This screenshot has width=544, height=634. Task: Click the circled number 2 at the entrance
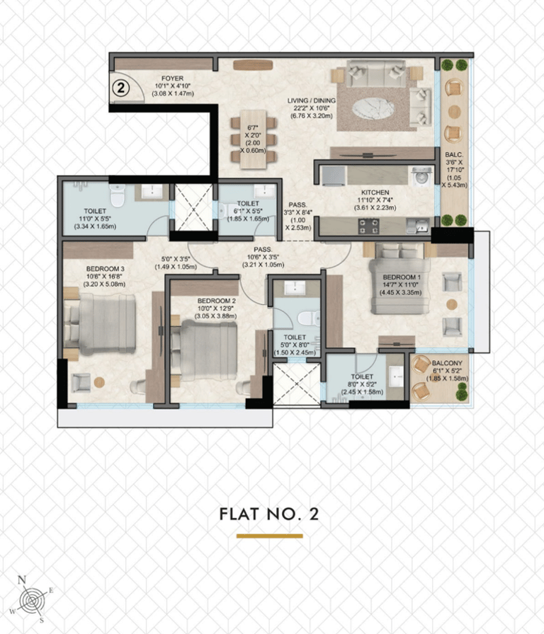(120, 88)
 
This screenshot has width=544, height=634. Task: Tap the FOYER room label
(172, 78)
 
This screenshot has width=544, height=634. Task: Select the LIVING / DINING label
(311, 100)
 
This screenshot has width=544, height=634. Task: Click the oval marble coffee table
(373, 108)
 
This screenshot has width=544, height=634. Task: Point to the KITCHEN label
(375, 192)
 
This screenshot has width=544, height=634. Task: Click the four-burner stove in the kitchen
(369, 226)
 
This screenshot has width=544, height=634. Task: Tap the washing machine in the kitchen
(421, 176)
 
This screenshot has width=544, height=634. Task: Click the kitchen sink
(418, 226)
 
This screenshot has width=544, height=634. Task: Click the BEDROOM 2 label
(217, 301)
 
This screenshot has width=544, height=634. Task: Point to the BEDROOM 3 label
(106, 269)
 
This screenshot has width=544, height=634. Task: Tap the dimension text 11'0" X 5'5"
(95, 219)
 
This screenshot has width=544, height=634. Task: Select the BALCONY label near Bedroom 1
(447, 363)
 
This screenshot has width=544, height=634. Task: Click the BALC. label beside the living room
(454, 154)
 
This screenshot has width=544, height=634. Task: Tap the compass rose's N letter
(22, 580)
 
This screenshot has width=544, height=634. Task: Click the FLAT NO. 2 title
(269, 514)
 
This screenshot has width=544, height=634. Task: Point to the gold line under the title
(270, 536)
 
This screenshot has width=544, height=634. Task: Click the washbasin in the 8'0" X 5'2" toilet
(395, 377)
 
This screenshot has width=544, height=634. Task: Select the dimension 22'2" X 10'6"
(311, 108)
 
